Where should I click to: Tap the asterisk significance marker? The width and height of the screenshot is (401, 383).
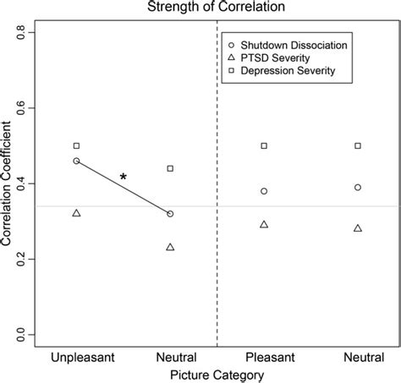pyautogui.click(x=124, y=178)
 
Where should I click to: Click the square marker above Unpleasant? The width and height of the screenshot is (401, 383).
pyautogui.click(x=77, y=146)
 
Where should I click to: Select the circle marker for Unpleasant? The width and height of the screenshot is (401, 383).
pyautogui.click(x=77, y=161)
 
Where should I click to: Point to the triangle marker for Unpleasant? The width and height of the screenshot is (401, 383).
pyautogui.click(x=77, y=213)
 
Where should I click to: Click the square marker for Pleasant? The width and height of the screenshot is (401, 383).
pyautogui.click(x=264, y=146)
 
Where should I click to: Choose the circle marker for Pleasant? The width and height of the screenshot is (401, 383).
pyautogui.click(x=264, y=191)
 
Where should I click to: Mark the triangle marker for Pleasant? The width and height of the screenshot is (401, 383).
pyautogui.click(x=264, y=224)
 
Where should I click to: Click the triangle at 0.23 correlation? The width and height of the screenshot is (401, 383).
pyautogui.click(x=171, y=247)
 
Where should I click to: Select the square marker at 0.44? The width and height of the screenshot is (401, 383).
pyautogui.click(x=171, y=168)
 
